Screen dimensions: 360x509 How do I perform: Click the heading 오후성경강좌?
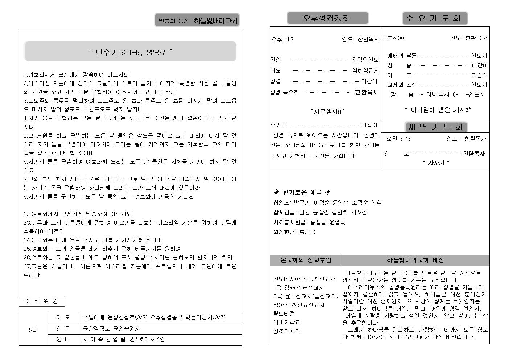coord(327,18)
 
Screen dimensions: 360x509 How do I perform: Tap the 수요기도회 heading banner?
coord(435,18)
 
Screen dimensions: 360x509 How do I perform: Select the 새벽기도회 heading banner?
coord(435,127)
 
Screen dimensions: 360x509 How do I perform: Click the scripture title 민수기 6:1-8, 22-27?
coord(130,52)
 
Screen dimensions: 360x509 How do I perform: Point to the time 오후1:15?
coord(282,39)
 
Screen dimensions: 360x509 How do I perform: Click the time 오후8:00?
coord(393,38)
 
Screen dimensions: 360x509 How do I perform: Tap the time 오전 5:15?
coord(399,139)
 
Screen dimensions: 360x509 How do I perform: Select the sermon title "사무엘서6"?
coord(327,111)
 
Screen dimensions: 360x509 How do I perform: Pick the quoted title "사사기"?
coord(436,163)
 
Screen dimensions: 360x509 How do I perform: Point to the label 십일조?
coord(282,202)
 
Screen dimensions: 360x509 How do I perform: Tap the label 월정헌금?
coord(285,232)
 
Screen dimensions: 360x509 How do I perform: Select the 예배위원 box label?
coord(41,301)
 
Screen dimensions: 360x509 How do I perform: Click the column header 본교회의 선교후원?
coord(305,260)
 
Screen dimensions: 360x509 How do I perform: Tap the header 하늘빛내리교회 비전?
coord(415,260)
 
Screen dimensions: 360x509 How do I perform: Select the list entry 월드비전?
coord(284,314)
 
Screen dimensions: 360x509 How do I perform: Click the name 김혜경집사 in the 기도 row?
coord(365,70)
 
